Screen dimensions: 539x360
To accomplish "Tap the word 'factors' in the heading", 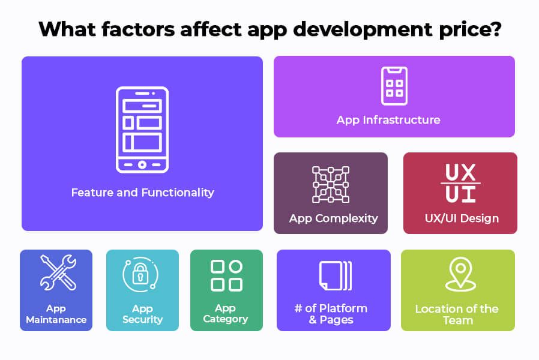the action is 138,29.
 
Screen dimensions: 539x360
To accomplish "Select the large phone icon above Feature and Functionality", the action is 142,130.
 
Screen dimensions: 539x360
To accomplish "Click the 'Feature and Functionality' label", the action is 143,193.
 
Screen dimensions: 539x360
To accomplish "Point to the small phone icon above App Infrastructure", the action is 394,86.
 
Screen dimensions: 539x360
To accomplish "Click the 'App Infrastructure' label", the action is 388,120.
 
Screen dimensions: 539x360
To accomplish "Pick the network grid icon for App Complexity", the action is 331,184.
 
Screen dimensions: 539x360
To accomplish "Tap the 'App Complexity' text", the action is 334,218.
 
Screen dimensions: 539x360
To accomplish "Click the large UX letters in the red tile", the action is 460,172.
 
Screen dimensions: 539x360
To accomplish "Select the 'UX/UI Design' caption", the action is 462,218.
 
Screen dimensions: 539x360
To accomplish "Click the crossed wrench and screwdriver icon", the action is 58,273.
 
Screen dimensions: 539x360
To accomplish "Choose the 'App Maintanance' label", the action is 56,314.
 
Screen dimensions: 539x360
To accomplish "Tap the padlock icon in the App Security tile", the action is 140,273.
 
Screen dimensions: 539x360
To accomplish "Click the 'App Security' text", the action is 143,314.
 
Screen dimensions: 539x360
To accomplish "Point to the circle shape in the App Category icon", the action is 235,266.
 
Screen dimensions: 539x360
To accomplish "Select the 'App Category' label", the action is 226,314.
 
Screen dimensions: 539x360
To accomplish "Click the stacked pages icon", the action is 335,275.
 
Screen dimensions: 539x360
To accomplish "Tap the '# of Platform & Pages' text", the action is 331,314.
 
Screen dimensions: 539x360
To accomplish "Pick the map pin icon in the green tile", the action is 460,274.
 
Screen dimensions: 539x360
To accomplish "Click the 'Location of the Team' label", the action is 457,314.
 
